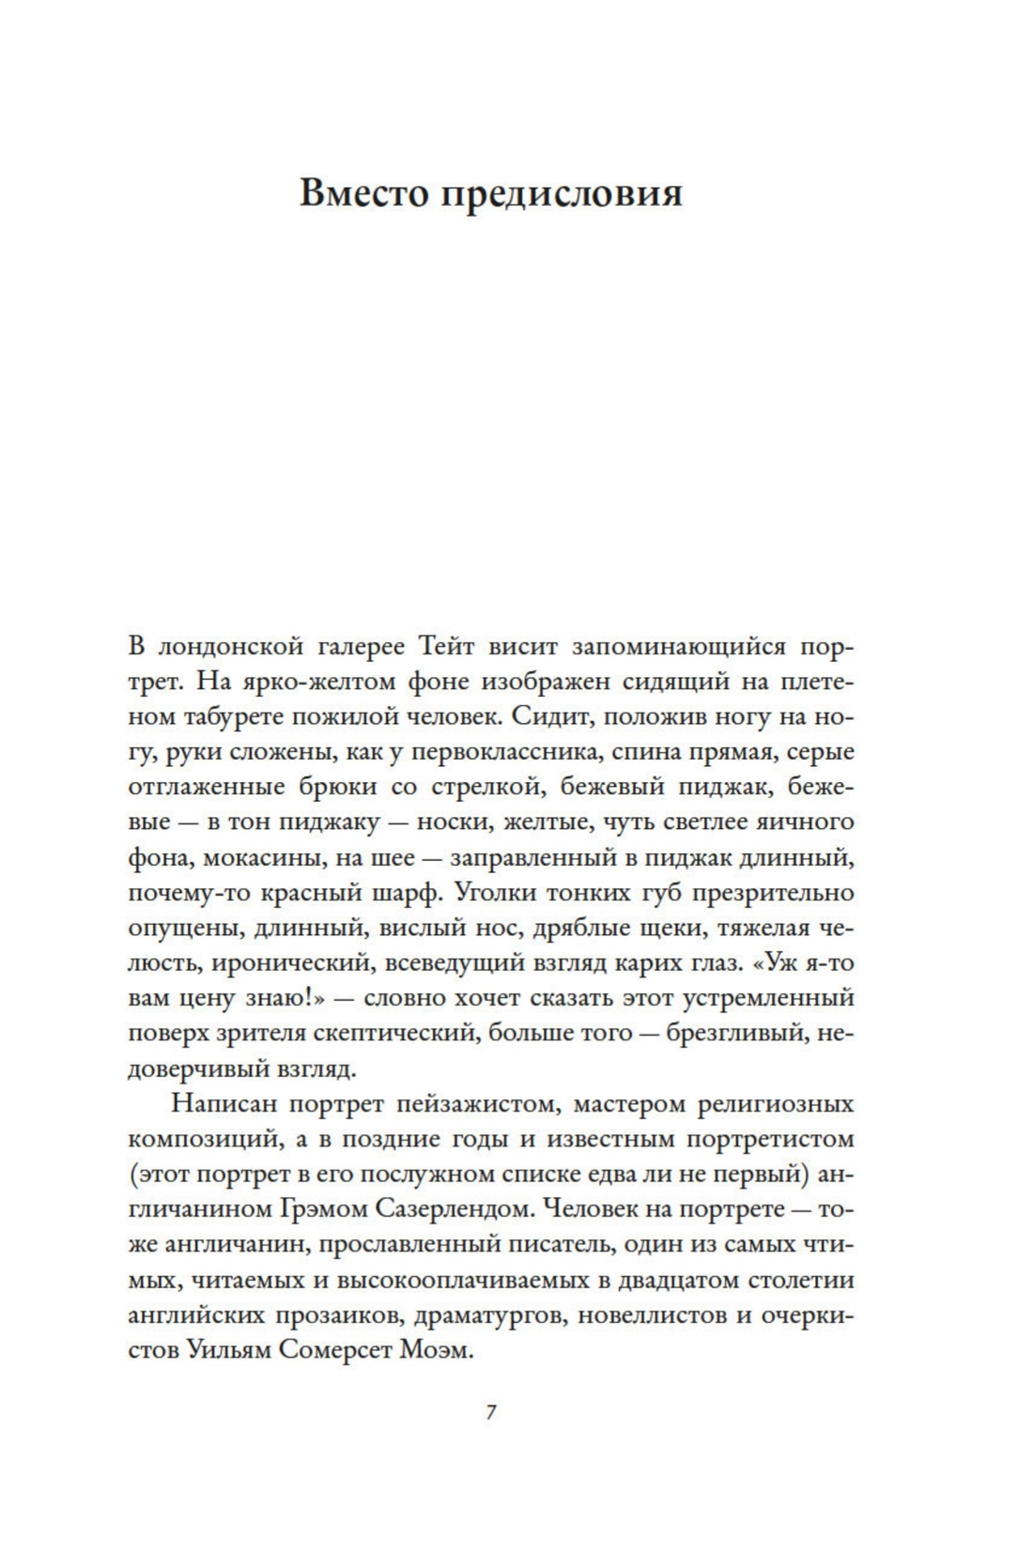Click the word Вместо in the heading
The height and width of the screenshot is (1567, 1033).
(x=362, y=193)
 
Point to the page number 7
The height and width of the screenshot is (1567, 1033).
(x=490, y=1412)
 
